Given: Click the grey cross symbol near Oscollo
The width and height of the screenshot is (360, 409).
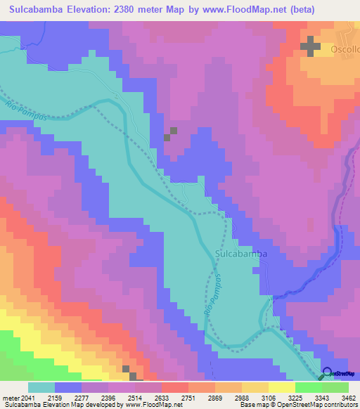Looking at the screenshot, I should [x=310, y=47].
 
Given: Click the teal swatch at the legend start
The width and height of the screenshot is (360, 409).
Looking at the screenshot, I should [x=41, y=387].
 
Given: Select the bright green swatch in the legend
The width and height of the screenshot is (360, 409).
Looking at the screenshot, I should [x=308, y=387].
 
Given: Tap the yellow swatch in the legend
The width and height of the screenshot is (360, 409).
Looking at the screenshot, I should [x=281, y=387].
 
